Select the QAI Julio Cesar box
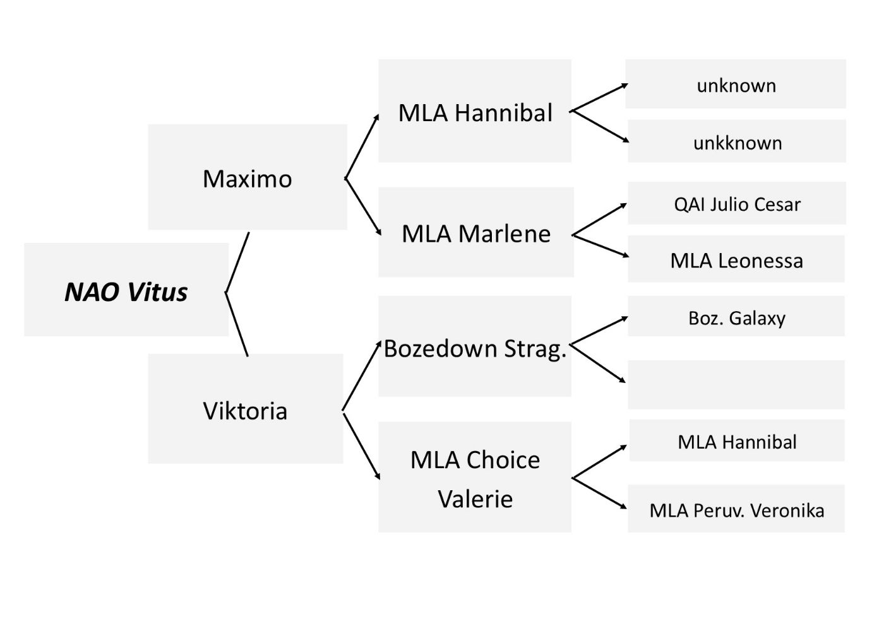click(x=736, y=203)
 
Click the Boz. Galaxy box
click(x=736, y=317)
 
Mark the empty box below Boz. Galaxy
click(x=736, y=385)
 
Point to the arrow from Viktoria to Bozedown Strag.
click(x=361, y=377)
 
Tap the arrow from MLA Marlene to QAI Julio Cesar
click(x=599, y=219)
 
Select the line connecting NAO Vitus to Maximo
click(x=237, y=262)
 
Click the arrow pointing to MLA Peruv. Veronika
click(x=600, y=493)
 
